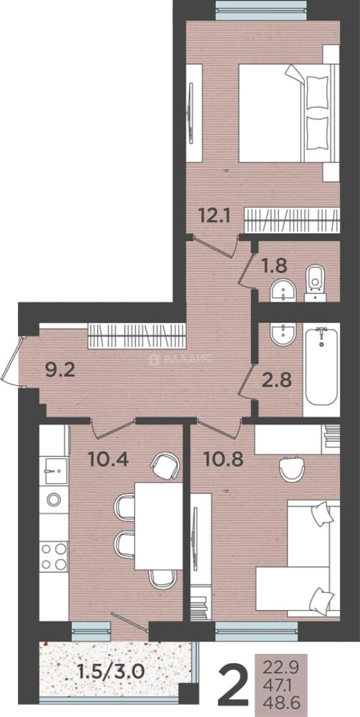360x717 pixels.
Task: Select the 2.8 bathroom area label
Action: (x=276, y=380)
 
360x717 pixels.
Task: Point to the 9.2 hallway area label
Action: (x=60, y=370)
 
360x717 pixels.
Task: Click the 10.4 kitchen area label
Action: (x=108, y=459)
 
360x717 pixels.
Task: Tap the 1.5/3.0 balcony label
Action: (x=111, y=672)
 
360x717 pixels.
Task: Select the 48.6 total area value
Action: (x=280, y=700)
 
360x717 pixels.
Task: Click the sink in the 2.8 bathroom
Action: (x=284, y=335)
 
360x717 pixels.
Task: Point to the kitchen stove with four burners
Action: (x=54, y=556)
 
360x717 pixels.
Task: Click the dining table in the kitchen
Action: (x=159, y=526)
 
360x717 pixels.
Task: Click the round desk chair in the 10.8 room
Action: (x=292, y=469)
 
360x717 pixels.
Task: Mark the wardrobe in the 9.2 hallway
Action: (x=137, y=336)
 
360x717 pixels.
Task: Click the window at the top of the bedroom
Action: (x=261, y=10)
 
